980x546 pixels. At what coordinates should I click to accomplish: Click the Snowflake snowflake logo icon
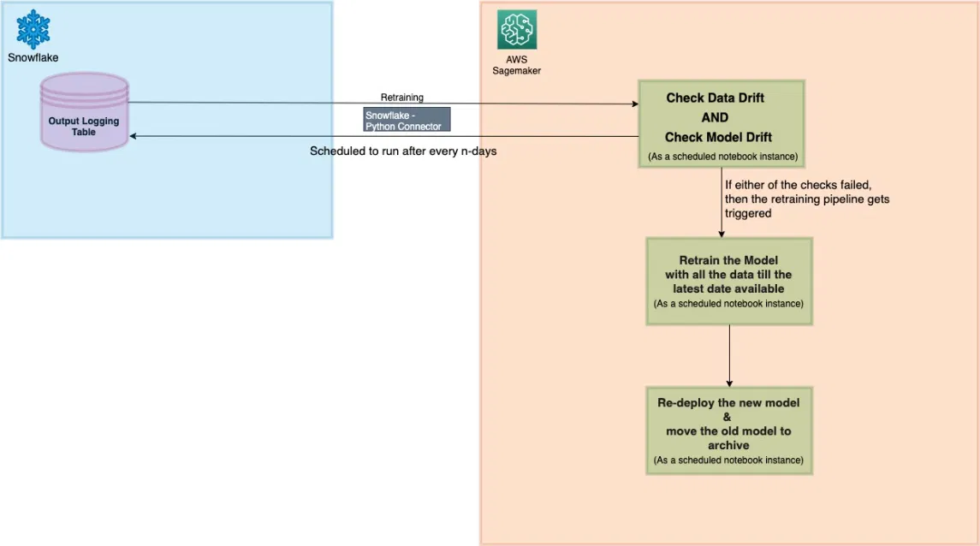[33, 28]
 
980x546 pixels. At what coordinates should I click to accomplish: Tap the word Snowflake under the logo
[33, 57]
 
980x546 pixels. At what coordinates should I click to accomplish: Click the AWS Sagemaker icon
[517, 29]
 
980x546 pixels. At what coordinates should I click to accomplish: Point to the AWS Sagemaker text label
[516, 65]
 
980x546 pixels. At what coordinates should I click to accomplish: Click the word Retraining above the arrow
[401, 98]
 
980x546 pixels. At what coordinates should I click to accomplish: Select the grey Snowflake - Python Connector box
[407, 120]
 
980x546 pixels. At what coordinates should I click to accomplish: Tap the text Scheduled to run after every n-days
[402, 151]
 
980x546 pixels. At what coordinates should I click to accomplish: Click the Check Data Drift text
[715, 98]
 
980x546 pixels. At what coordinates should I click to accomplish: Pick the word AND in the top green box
[720, 118]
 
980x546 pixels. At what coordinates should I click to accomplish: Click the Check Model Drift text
[718, 138]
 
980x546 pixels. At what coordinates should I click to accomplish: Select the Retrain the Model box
[728, 281]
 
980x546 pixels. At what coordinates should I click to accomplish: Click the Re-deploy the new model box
[728, 430]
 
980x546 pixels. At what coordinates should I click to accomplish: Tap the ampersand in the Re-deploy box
[728, 417]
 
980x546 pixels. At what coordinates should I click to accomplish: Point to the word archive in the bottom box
[728, 445]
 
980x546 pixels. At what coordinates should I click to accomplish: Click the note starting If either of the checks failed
[806, 199]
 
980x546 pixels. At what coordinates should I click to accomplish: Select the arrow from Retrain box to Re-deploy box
[728, 355]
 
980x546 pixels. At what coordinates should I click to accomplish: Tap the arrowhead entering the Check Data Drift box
[634, 104]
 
